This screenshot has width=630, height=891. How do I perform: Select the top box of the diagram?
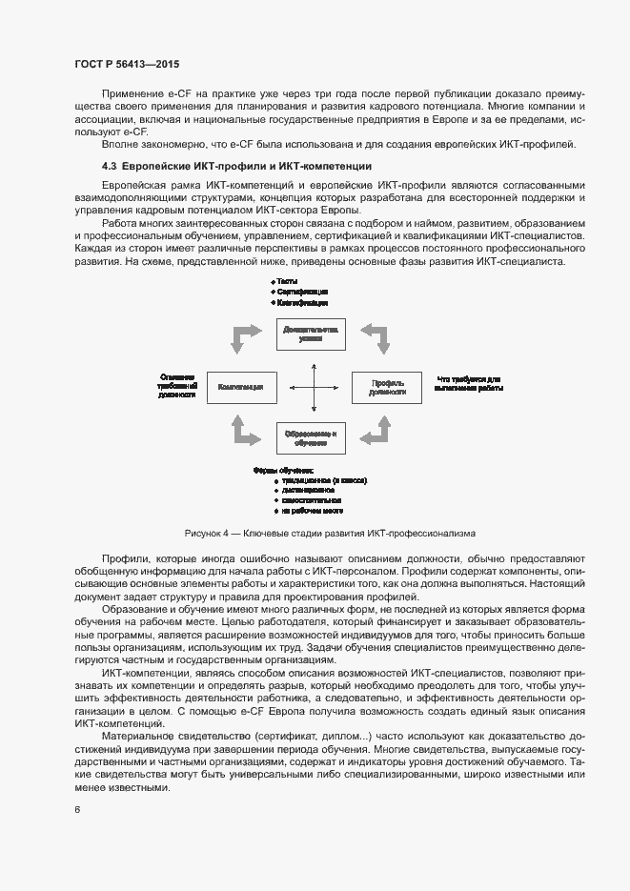pyautogui.click(x=311, y=333)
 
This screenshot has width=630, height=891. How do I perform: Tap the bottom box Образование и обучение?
pyautogui.click(x=311, y=438)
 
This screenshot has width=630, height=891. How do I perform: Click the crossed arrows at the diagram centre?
pyautogui.click(x=314, y=387)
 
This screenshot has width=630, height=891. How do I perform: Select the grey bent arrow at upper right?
pyautogui.click(x=375, y=337)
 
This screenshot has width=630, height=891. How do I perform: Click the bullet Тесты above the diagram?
pyautogui.click(x=286, y=282)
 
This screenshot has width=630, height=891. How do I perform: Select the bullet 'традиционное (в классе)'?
pyautogui.click(x=323, y=481)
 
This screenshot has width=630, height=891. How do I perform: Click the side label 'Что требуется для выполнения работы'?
pyautogui.click(x=469, y=382)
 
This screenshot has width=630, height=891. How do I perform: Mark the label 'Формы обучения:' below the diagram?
pyautogui.click(x=283, y=471)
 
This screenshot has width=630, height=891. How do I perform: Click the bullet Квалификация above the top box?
pyautogui.click(x=303, y=302)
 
